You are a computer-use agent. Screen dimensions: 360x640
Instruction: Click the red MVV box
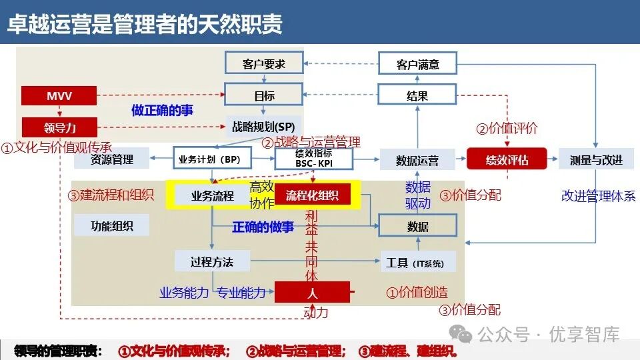pos(59,96)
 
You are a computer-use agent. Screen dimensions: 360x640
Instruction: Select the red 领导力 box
pos(59,127)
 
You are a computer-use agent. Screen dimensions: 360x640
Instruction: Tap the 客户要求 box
pos(264,64)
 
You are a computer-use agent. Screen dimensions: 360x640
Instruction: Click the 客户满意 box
pos(417,64)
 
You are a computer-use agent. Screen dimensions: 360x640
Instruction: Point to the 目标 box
pos(264,96)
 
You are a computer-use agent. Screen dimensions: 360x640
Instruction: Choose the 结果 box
pos(417,96)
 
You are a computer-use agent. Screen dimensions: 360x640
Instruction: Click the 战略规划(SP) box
pos(264,126)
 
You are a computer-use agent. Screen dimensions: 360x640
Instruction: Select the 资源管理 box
pos(112,159)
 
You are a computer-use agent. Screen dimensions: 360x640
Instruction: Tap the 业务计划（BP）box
pos(209,159)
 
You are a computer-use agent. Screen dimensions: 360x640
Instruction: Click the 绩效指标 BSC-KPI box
pos(313,159)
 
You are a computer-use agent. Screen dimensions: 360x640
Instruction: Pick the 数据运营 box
pos(417,159)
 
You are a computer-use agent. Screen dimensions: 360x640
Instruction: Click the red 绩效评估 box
pos(507,159)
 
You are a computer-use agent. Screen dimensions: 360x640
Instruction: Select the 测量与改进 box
pos(596,159)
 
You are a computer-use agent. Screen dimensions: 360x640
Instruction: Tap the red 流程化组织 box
pos(312,195)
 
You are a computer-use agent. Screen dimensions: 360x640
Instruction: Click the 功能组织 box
pos(112,226)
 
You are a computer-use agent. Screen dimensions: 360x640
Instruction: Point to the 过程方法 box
pos(212,261)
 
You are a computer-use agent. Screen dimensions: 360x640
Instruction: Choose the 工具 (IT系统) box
pos(417,262)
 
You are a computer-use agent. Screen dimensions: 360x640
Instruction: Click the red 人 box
pos(312,292)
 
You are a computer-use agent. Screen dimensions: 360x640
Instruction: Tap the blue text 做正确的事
pos(162,110)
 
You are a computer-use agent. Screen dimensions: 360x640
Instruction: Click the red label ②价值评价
pos(506,129)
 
